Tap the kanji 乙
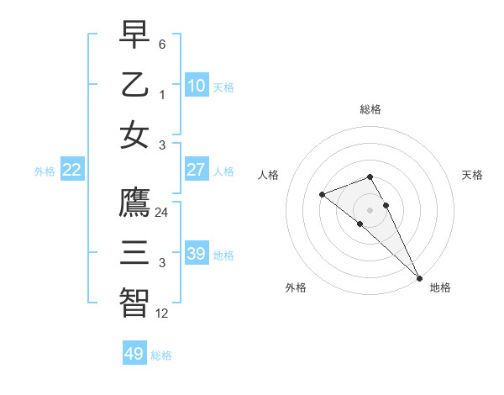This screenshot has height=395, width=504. point(134,85)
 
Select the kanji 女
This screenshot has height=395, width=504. point(134,135)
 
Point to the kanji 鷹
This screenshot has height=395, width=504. point(134,203)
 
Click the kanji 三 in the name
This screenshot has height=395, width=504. point(134,253)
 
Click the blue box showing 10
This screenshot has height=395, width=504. point(196,85)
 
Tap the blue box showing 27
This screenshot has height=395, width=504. point(196,170)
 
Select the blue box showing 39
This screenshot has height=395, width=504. point(196,254)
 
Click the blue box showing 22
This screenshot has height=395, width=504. point(72,170)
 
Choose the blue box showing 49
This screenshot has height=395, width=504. point(134,354)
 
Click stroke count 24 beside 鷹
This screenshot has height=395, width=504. point(161,213)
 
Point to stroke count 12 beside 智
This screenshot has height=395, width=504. point(161,313)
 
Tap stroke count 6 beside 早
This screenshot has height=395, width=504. point(161,44)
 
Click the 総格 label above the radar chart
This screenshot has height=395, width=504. point(370,109)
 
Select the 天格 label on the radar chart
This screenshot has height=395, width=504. point(472,175)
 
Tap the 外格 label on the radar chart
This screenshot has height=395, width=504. point(295,287)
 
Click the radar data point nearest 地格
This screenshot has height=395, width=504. point(419,277)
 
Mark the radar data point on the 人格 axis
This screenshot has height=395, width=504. point(322,195)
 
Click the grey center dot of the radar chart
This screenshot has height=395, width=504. point(370,209)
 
